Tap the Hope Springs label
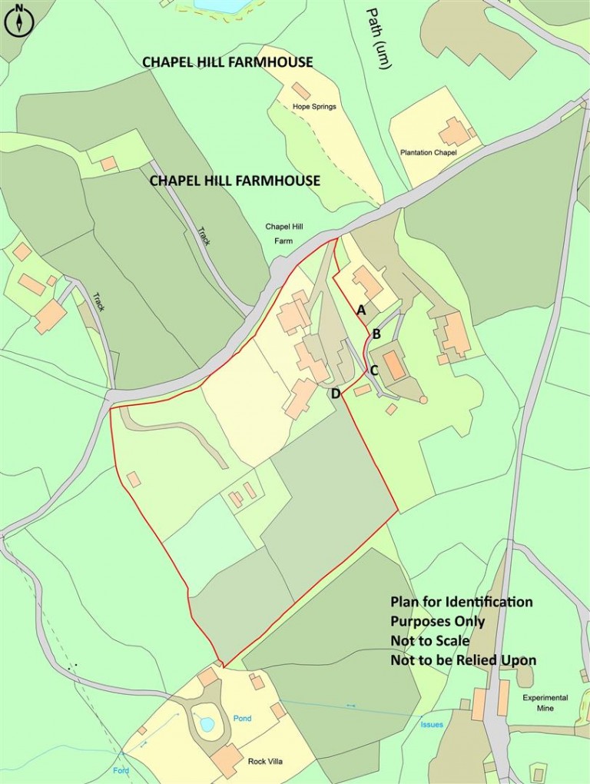point(314,106)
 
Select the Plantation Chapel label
point(429,153)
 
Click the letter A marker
point(361,310)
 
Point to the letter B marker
point(376,334)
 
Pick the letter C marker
point(374,370)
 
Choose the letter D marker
point(335,394)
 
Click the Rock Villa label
point(267,762)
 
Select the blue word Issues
point(432,724)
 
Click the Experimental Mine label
point(545,703)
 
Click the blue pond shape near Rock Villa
point(206,723)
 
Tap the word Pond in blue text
point(242,719)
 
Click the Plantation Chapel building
point(455,131)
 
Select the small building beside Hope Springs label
point(301,91)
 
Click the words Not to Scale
point(429,640)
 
